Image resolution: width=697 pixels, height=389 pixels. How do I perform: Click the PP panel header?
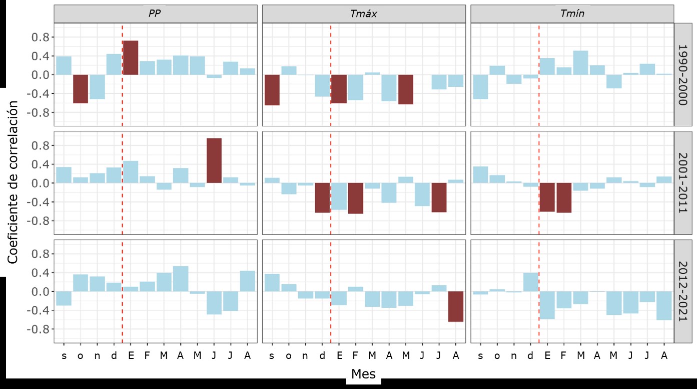(156, 14)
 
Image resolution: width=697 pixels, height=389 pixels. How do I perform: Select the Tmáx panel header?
(364, 14)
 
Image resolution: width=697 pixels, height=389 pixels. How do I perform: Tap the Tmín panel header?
(572, 14)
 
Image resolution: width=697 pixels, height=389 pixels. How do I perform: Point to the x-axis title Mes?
(364, 374)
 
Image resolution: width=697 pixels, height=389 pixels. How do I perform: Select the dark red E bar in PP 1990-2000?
(131, 58)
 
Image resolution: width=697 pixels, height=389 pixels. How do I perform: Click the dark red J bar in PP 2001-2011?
(214, 160)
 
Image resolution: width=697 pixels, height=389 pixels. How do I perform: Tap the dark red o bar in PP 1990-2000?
(81, 89)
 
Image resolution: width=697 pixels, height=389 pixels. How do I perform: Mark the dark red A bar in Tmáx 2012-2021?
(456, 306)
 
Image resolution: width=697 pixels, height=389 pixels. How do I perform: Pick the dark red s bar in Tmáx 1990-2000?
(272, 90)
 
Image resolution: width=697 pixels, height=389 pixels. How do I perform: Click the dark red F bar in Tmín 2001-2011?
(564, 198)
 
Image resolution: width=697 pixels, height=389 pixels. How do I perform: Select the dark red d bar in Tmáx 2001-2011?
(322, 198)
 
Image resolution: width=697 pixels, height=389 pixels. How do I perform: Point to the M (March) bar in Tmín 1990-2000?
(580, 63)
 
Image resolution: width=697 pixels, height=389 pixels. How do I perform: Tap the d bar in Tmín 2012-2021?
(530, 282)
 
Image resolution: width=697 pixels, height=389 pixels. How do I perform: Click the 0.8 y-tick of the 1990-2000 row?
(43, 37)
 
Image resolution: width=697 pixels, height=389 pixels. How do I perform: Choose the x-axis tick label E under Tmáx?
(339, 356)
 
